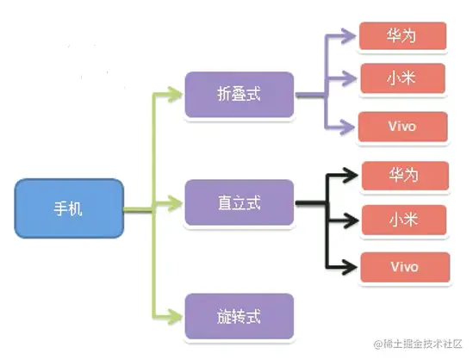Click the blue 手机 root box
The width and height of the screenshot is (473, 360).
pyautogui.click(x=69, y=208)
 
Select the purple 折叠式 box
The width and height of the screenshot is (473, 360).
pyautogui.click(x=239, y=96)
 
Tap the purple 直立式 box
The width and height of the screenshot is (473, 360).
pyautogui.click(x=239, y=205)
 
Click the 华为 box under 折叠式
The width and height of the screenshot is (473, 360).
pyautogui.click(x=403, y=36)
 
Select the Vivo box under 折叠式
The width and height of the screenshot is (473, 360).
pyautogui.click(x=403, y=126)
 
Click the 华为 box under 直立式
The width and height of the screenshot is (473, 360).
pyautogui.click(x=403, y=175)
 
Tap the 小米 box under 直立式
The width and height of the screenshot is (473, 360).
pyautogui.click(x=403, y=219)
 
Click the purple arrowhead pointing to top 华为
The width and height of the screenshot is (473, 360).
pyautogui.click(x=350, y=36)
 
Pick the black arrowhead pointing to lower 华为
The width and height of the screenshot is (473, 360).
pyautogui.click(x=350, y=175)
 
